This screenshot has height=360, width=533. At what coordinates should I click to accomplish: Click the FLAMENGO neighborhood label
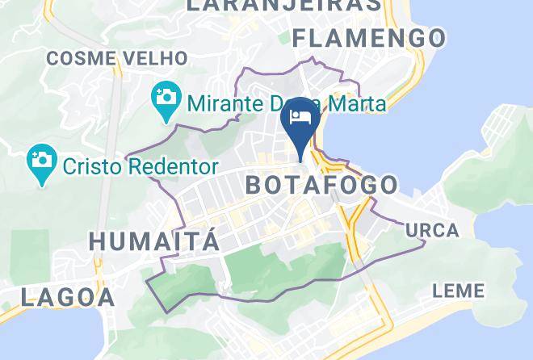(x=368, y=37)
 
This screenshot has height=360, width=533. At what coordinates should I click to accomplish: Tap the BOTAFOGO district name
(x=321, y=185)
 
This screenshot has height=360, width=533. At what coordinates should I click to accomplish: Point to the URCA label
(x=432, y=230)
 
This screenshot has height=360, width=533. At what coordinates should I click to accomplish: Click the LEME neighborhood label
(x=458, y=291)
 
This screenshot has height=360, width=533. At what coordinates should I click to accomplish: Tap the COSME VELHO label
(x=117, y=58)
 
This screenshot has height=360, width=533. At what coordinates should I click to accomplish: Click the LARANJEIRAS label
(x=283, y=5)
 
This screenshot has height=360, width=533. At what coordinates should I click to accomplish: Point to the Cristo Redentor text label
(x=138, y=167)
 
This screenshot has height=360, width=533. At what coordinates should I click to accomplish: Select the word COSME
(x=77, y=58)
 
